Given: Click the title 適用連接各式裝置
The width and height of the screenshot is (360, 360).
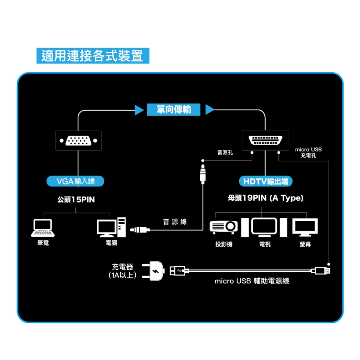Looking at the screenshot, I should [x=93, y=56].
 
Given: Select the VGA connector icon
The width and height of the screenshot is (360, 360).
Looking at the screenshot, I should [x=78, y=141].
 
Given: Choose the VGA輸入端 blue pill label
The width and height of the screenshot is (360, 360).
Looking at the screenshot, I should [x=75, y=181].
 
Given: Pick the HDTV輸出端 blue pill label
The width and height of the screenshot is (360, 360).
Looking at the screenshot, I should [x=265, y=181].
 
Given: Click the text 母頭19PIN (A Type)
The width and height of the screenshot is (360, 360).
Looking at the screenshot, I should [x=265, y=198].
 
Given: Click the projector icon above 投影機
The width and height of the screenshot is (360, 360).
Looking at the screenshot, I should [x=224, y=226].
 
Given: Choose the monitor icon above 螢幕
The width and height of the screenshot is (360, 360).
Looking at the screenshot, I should [x=305, y=227].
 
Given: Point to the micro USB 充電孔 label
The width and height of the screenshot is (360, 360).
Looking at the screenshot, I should [x=308, y=152].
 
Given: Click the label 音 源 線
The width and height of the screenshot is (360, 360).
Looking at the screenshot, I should [x=175, y=222].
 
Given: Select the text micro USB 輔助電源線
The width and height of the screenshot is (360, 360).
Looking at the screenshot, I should [x=252, y=281].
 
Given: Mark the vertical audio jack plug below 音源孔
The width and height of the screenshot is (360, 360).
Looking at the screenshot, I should [x=203, y=172].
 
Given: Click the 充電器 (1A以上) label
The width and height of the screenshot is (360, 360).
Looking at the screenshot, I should [x=123, y=271].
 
